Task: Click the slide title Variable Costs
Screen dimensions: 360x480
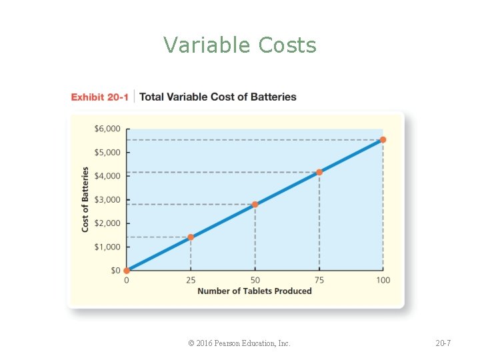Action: pos(240,45)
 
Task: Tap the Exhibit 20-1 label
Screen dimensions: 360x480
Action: pos(99,97)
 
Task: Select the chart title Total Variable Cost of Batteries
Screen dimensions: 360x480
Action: pos(217,97)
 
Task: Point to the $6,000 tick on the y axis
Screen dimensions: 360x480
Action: pos(107,129)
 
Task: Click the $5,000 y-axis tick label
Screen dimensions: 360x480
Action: pos(107,152)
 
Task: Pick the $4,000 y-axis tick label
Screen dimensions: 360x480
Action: pos(107,176)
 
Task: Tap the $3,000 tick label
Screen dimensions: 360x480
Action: pos(107,199)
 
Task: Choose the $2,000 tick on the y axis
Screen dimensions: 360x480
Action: pos(107,223)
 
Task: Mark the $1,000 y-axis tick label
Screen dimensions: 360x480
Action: pos(107,247)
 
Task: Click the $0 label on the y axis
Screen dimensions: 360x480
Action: pos(115,271)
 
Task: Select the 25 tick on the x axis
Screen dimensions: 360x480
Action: pos(191,280)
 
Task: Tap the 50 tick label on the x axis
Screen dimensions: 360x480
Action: pos(255,280)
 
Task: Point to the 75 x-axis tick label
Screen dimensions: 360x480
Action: pos(319,280)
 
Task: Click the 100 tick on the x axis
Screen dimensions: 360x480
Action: pos(383,280)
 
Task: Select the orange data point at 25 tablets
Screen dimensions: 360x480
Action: pos(191,237)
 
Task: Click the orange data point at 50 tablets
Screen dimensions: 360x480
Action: pos(255,205)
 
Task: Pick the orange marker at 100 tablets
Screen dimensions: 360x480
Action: pos(383,140)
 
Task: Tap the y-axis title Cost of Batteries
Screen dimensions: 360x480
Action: pos(85,199)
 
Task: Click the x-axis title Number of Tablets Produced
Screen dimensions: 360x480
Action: pos(255,291)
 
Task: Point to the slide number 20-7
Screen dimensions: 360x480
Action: pos(443,343)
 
